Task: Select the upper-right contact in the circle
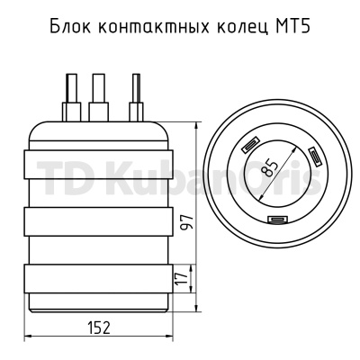pos(315,157)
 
